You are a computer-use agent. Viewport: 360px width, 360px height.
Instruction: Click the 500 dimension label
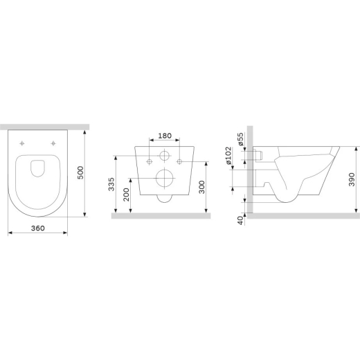point(81,172)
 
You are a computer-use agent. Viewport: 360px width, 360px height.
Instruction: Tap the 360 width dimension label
point(38,228)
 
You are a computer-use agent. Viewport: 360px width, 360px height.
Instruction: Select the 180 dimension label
point(165,136)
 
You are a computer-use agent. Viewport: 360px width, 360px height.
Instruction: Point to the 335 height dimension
point(111,184)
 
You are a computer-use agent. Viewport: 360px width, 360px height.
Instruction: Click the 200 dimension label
point(126,195)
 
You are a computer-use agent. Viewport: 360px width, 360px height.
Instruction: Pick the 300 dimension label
point(201,187)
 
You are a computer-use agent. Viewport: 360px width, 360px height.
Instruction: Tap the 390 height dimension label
point(352,179)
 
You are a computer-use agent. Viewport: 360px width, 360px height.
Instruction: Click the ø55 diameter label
point(240,139)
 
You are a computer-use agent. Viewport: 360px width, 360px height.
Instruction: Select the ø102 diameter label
point(228,155)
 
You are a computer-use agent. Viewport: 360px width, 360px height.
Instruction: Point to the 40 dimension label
point(240,221)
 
